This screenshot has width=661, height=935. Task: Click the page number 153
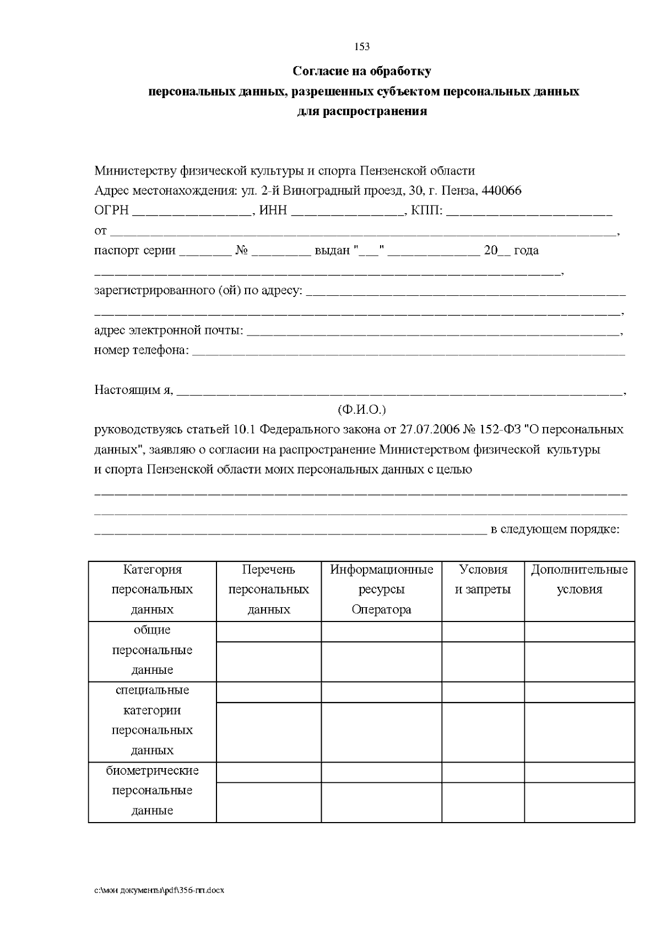[362, 47]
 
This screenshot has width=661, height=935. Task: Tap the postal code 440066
[501, 191]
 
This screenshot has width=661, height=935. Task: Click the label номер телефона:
[142, 350]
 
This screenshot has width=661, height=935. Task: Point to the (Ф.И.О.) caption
[361, 410]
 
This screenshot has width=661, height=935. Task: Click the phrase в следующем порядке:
[555, 529]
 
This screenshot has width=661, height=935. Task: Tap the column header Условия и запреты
[483, 579]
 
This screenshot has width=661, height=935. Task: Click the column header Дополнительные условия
[579, 579]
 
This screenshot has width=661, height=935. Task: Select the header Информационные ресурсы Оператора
[381, 589]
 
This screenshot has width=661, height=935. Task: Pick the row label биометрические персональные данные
[152, 790]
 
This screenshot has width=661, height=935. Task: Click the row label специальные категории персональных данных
[152, 720]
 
